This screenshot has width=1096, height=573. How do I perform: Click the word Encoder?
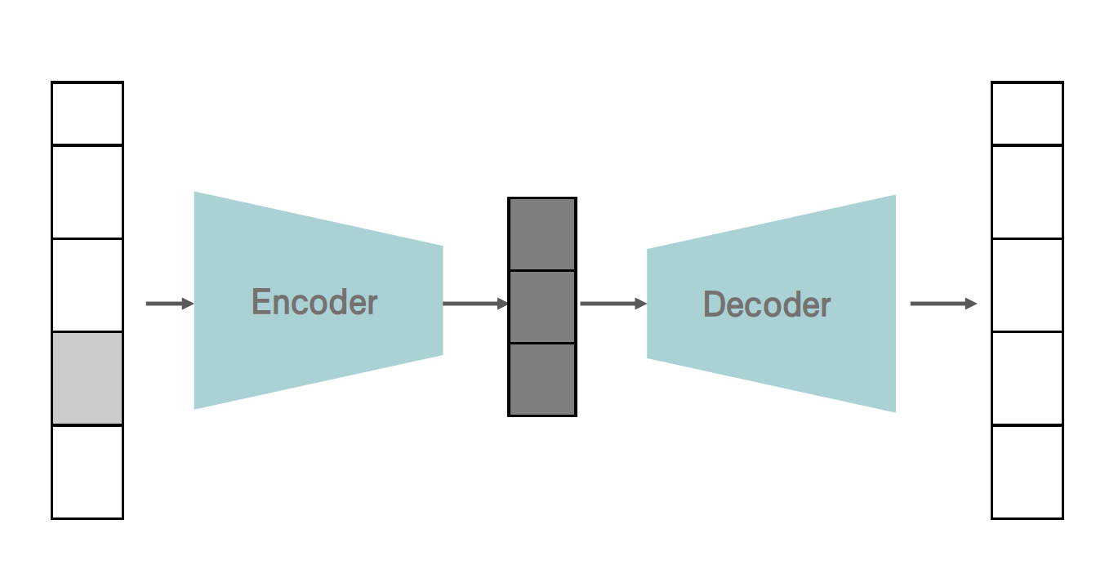[314, 302]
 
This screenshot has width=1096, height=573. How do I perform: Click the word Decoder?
[767, 305]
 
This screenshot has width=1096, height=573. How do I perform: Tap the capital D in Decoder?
[714, 305]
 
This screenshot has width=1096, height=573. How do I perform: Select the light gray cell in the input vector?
[87, 379]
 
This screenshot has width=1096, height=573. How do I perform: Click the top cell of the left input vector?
[87, 113]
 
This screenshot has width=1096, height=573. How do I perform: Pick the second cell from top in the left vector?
[87, 192]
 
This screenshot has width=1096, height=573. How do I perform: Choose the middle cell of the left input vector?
[87, 286]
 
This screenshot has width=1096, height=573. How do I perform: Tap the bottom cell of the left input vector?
[87, 472]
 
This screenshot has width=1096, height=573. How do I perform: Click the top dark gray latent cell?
[542, 234]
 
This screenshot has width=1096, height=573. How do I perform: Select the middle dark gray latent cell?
[542, 307]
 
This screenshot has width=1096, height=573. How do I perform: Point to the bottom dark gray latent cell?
[542, 380]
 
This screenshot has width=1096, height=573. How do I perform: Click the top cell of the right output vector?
[1027, 113]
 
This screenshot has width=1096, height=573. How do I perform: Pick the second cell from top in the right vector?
[1027, 192]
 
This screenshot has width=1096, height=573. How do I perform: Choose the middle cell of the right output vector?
[1027, 286]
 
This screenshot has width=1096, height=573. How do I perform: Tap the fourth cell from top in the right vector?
[1027, 379]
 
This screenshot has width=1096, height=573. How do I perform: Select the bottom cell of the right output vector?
[1027, 472]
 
